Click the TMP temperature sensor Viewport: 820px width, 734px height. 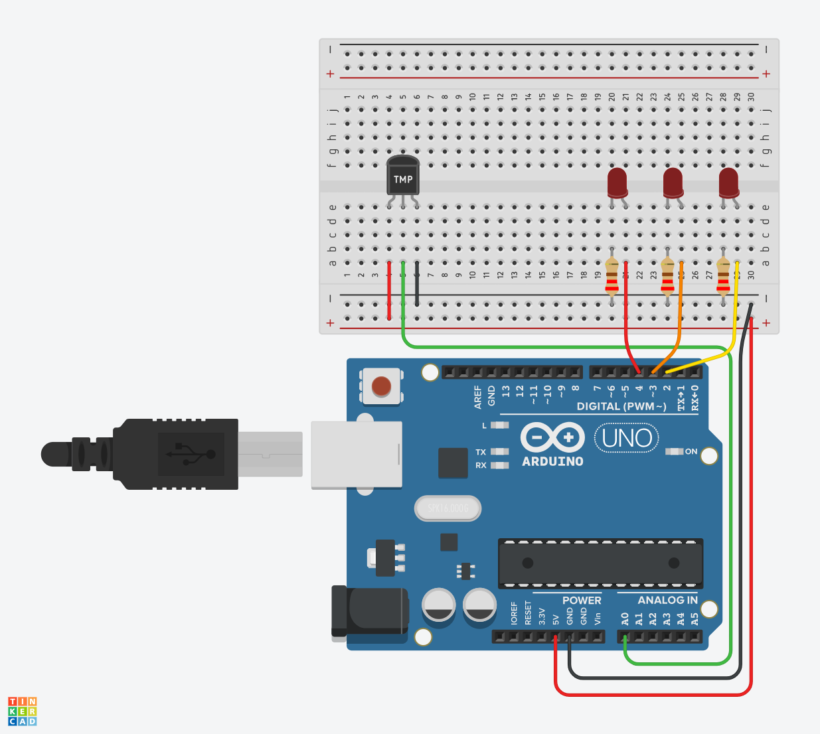403,176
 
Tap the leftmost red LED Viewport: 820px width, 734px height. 617,183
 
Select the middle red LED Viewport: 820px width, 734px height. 673,183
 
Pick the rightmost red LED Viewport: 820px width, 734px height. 728,183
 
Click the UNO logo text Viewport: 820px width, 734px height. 627,439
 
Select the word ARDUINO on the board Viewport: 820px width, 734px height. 552,461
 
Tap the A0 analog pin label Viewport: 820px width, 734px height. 625,619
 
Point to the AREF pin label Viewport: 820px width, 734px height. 478,396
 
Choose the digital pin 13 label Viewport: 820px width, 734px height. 506,392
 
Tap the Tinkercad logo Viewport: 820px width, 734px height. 23,711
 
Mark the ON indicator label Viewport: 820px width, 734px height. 691,451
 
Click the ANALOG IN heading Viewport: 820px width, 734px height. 667,600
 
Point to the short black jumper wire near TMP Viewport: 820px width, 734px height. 417,284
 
